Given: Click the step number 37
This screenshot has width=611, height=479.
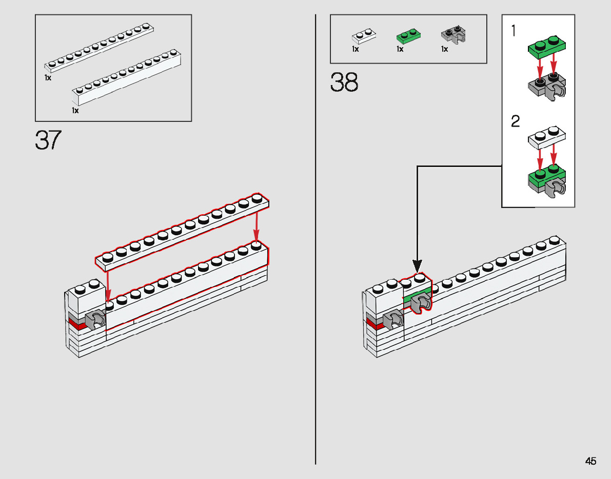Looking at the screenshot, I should [48, 140].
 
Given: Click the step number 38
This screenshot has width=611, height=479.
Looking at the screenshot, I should [344, 82].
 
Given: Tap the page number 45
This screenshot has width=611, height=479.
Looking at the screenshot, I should [590, 461].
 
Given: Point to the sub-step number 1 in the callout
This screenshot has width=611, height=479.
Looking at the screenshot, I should [515, 31].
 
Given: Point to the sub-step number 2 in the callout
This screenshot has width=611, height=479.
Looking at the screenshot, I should [516, 121].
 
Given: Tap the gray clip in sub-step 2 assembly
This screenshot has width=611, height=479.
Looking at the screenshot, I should [556, 189].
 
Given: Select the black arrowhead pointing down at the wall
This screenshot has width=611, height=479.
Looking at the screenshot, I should [418, 266].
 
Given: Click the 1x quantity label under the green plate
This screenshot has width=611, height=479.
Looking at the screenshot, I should [400, 50].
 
